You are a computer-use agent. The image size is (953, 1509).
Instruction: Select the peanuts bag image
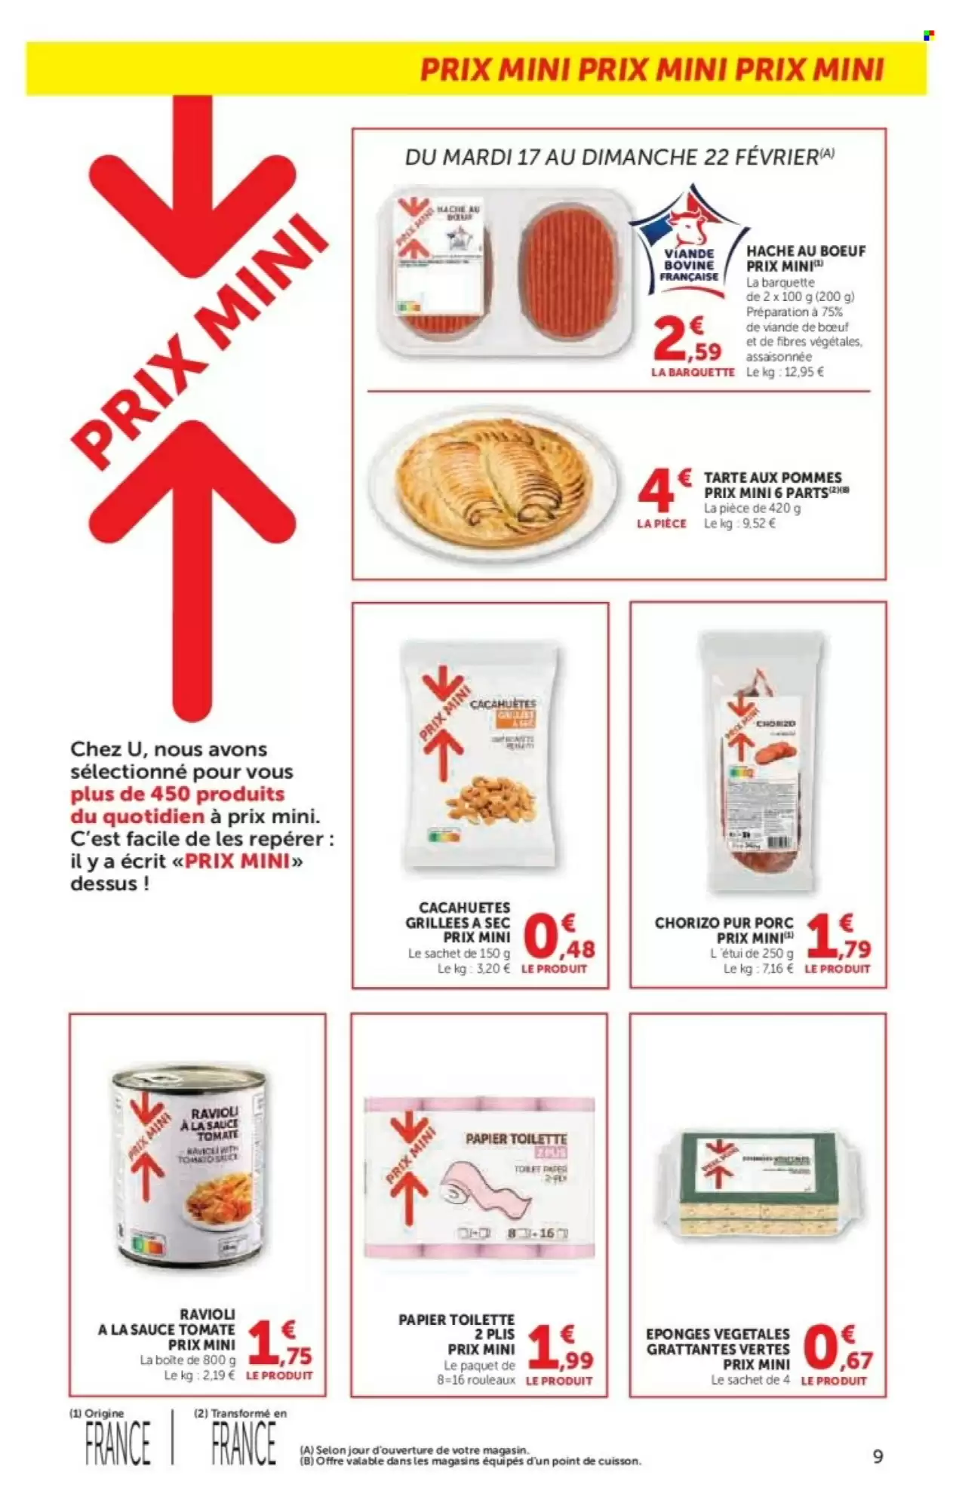coord(480,758)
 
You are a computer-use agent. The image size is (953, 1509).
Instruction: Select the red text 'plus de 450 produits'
coord(177,794)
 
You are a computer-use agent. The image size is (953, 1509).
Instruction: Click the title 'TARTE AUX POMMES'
coord(772,478)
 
